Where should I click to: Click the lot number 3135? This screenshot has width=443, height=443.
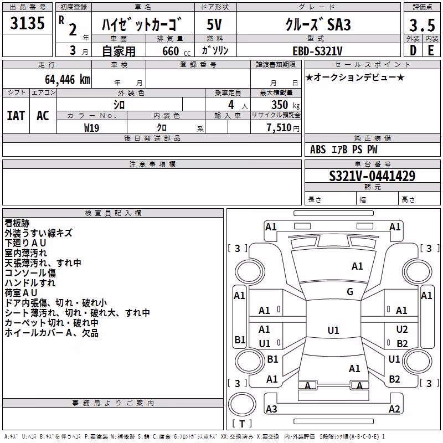click(x=27, y=23)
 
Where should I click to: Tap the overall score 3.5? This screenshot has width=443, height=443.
click(x=422, y=25)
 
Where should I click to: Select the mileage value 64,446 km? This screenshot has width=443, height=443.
click(x=68, y=80)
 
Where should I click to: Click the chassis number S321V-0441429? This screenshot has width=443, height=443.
click(x=372, y=176)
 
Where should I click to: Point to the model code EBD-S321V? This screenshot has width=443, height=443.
click(x=317, y=51)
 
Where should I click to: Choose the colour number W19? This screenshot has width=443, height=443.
click(x=91, y=128)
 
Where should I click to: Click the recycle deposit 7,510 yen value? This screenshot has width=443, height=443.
click(x=283, y=128)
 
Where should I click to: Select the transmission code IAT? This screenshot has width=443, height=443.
click(x=16, y=116)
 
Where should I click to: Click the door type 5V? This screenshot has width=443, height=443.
click(x=214, y=24)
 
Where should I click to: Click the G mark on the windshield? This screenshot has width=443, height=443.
click(x=350, y=292)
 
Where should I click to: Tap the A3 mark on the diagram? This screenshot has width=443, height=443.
click(x=271, y=409)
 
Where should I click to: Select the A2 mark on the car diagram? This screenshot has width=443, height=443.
click(x=394, y=409)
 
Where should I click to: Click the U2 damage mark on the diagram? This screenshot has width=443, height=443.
click(x=402, y=329)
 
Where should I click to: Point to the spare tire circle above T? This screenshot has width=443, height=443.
click(x=242, y=404)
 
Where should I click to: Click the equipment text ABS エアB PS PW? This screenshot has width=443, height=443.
click(x=343, y=150)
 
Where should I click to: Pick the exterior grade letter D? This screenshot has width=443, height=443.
click(x=413, y=50)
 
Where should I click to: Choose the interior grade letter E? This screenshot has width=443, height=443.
click(x=431, y=50)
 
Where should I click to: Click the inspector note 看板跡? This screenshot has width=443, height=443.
click(x=17, y=223)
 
